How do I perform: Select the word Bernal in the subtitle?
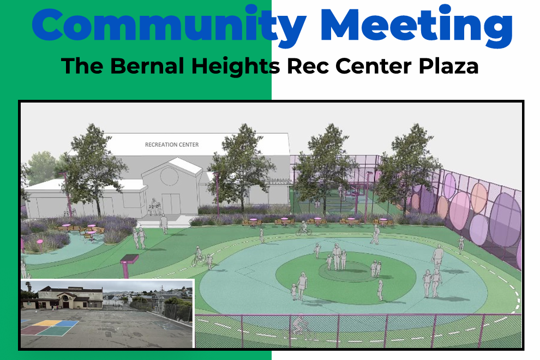[147, 66]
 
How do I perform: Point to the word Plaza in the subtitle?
[449, 66]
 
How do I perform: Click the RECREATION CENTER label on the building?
[172, 145]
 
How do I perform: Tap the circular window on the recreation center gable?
[170, 176]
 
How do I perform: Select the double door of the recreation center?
[171, 203]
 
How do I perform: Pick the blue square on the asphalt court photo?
[68, 323]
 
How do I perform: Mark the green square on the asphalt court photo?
[55, 331]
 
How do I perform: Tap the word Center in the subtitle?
[374, 66]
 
